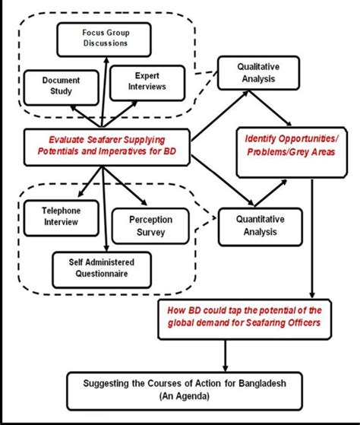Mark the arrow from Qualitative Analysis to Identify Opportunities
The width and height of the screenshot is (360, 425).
[x=273, y=106]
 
